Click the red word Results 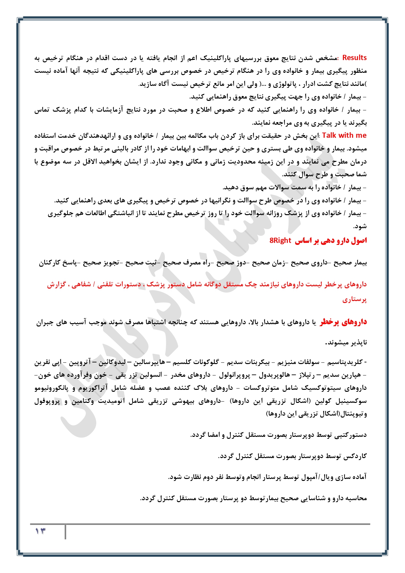(x=354, y=58)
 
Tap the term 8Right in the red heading (x=280, y=241)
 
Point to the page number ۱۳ (x=40, y=531)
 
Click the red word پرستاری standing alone (x=354, y=299)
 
